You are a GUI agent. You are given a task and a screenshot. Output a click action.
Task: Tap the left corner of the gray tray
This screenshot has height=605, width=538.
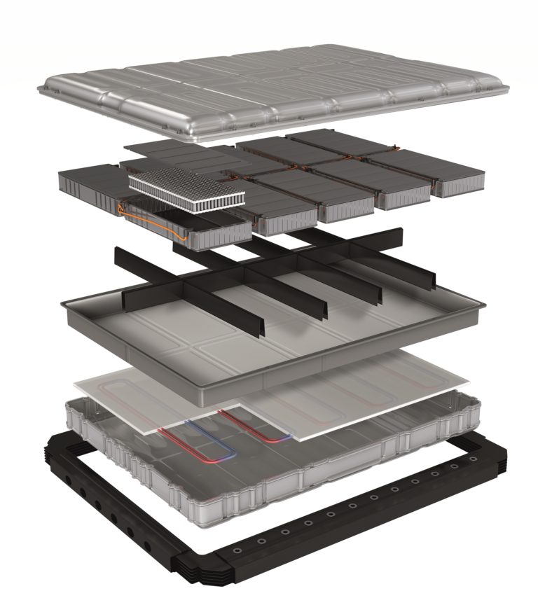coord(64,302)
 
